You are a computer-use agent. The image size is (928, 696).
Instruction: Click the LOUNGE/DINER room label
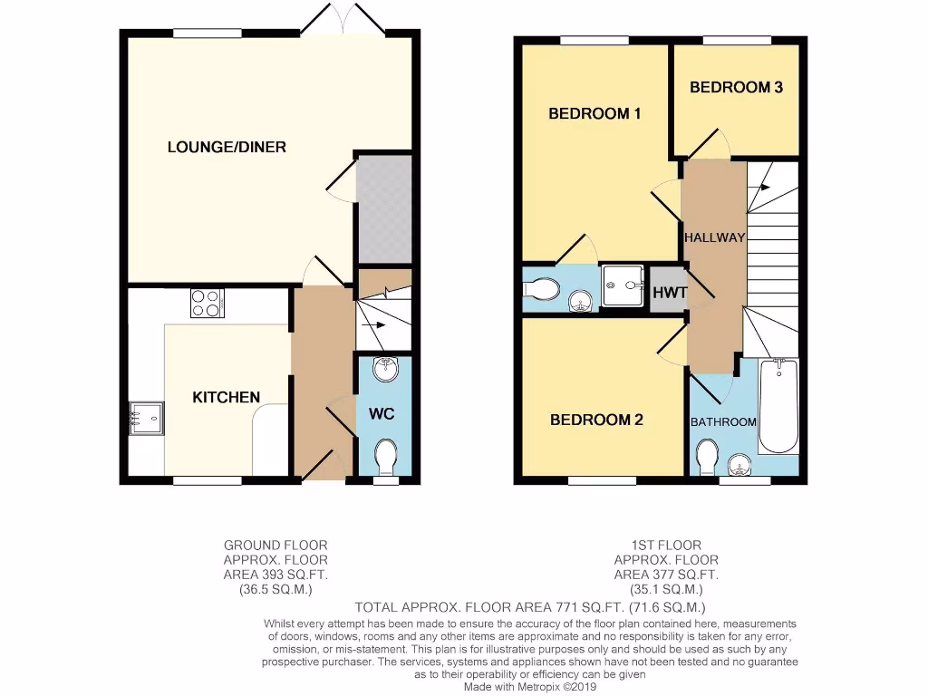pyautogui.click(x=227, y=147)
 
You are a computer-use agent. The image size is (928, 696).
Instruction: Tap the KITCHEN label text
pyautogui.click(x=226, y=397)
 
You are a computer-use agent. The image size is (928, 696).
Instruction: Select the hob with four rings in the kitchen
pyautogui.click(x=208, y=302)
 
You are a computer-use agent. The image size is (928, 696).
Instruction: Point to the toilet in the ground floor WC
pyautogui.click(x=386, y=455)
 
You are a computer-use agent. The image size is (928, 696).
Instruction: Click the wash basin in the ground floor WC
pyautogui.click(x=386, y=368)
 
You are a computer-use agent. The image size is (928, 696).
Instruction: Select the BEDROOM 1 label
pyautogui.click(x=595, y=114)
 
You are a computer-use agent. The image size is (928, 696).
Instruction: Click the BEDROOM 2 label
pyautogui.click(x=596, y=420)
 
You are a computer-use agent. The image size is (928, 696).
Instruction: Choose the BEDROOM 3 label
pyautogui.click(x=736, y=88)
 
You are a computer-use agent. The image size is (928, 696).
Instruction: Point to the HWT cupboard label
pyautogui.click(x=670, y=293)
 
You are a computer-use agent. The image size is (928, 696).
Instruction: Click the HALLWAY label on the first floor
pyautogui.click(x=714, y=238)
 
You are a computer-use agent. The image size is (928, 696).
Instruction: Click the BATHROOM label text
pyautogui.click(x=723, y=422)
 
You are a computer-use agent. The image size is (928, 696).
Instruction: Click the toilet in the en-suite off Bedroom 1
pyautogui.click(x=542, y=288)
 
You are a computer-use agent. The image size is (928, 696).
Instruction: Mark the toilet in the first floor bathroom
pyautogui.click(x=707, y=455)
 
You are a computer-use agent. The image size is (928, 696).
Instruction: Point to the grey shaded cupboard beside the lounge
pyautogui.click(x=384, y=208)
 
